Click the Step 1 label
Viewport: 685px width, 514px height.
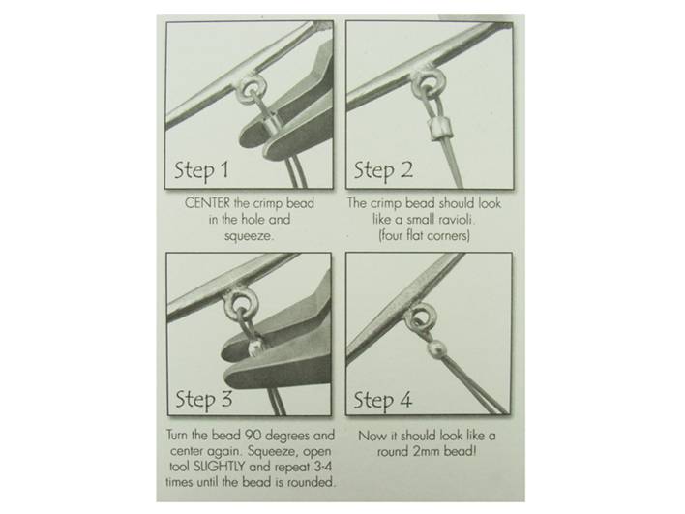201,170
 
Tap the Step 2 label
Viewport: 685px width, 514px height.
383,170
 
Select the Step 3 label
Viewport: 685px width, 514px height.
203,400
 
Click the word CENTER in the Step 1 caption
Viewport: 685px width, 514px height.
207,203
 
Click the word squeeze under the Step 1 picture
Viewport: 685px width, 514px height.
248,236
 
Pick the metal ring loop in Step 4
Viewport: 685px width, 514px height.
419,318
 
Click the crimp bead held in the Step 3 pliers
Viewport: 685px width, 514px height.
254,348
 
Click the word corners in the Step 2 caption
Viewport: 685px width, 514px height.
449,236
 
